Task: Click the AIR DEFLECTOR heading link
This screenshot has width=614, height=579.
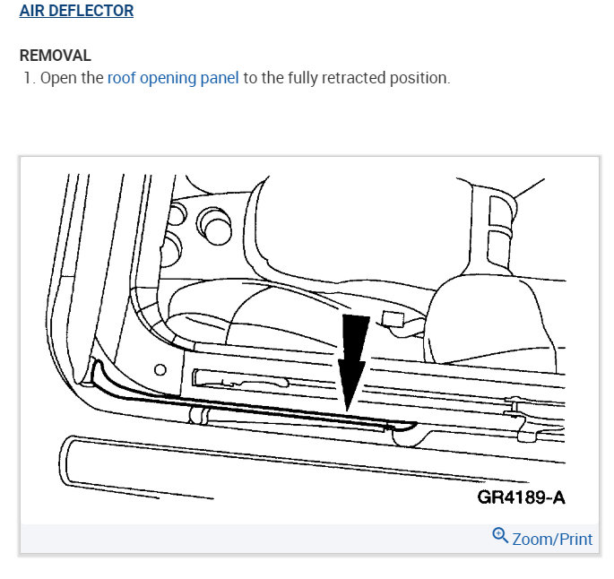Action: pyautogui.click(x=77, y=12)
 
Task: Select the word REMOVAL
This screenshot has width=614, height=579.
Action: pyautogui.click(x=56, y=56)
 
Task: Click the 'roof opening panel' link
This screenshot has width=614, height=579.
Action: pyautogui.click(x=173, y=78)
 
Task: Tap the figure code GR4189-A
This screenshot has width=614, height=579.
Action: pyautogui.click(x=521, y=497)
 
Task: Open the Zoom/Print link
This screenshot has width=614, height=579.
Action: pyautogui.click(x=551, y=539)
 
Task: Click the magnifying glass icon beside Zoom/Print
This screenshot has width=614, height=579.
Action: pyautogui.click(x=500, y=536)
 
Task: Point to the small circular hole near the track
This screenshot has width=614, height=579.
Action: pyautogui.click(x=160, y=368)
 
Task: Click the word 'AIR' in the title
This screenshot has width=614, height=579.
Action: pyautogui.click(x=33, y=12)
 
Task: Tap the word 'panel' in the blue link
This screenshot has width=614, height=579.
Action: pyautogui.click(x=219, y=78)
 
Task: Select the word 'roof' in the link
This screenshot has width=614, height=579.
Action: pyautogui.click(x=122, y=78)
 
